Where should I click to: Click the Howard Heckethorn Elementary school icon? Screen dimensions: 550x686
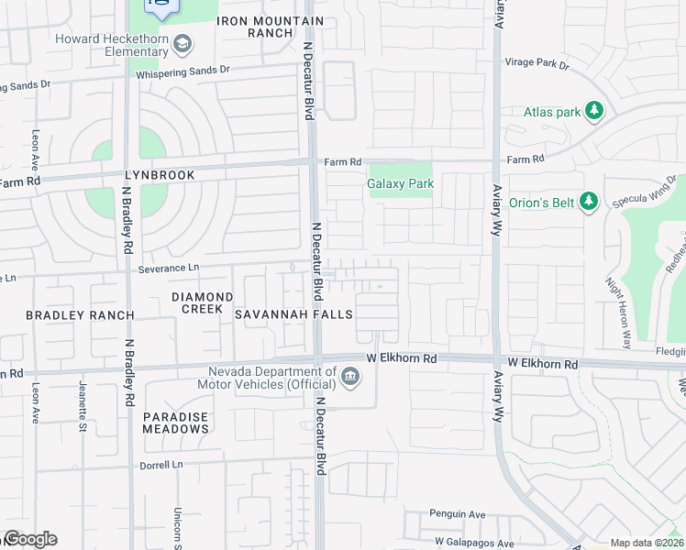tap(183, 43)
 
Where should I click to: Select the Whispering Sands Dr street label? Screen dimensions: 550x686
tap(183, 70)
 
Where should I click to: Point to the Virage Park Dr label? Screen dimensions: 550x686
tap(537, 65)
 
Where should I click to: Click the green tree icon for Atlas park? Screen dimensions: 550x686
tap(594, 111)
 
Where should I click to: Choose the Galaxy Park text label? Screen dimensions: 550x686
tap(400, 183)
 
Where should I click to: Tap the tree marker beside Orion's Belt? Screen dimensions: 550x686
tap(589, 201)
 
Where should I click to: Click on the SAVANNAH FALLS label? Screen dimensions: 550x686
tap(293, 314)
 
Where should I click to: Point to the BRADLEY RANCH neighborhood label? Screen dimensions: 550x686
tap(80, 315)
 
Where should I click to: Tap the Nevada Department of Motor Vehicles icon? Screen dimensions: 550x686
tap(349, 377)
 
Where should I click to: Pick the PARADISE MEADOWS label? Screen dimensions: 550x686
tap(175, 423)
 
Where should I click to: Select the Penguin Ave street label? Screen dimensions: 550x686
tap(458, 514)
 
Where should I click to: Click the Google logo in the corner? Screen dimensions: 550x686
tap(30, 539)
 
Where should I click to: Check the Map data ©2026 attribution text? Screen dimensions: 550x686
tap(647, 543)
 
